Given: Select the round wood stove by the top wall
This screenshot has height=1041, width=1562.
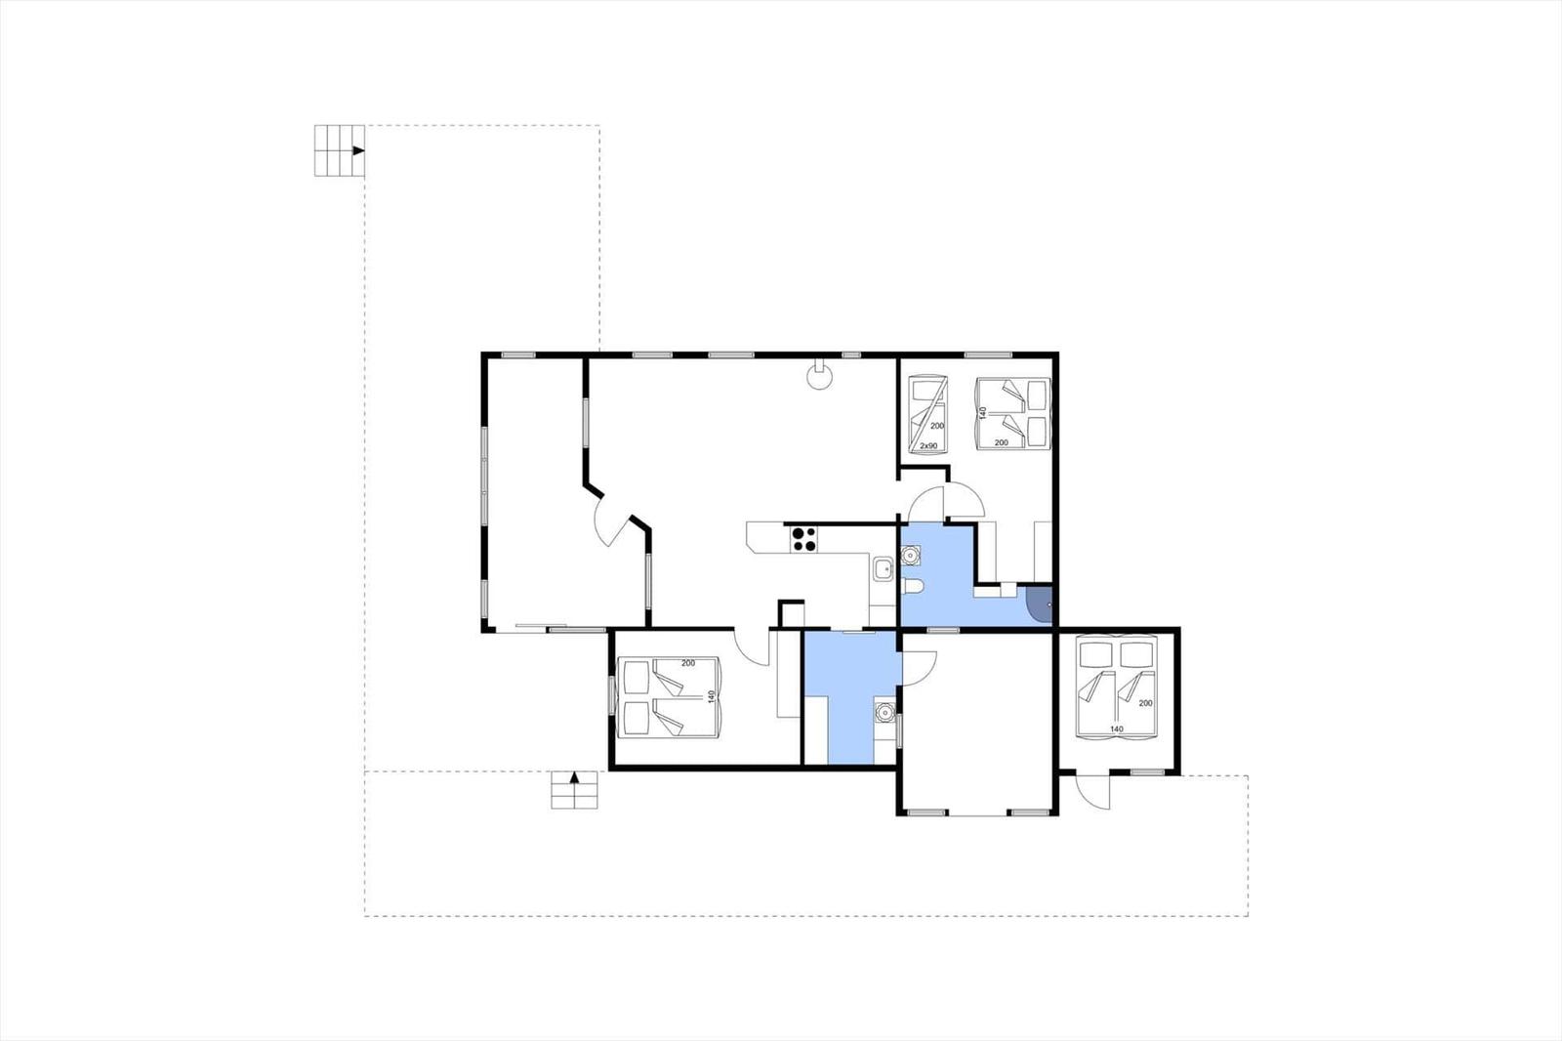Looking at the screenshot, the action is (819, 374).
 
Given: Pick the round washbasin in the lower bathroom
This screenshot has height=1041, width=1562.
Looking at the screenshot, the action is (884, 713).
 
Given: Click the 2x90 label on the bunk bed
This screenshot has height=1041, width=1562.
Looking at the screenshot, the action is (928, 446).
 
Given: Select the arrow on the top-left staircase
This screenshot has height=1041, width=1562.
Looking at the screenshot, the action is (358, 150).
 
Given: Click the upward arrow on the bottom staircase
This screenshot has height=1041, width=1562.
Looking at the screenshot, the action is (575, 776).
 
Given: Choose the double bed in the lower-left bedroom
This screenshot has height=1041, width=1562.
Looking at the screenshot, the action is (669, 697).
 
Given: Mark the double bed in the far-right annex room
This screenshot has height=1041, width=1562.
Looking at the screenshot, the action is (1117, 687).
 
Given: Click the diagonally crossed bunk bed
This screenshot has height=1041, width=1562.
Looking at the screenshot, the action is (928, 415).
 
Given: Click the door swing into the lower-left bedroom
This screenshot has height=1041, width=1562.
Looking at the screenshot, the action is (752, 646).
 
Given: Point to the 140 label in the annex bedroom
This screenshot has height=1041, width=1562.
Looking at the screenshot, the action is (1117, 729).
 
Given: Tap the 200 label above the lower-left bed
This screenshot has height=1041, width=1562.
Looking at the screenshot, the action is (688, 663).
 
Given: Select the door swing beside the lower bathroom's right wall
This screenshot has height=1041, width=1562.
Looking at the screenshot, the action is (919, 668).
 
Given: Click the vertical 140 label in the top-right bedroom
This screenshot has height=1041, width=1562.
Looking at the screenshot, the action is (983, 413).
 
